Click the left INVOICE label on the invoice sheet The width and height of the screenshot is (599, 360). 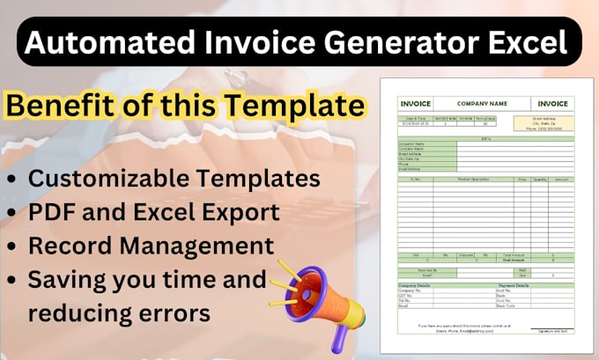point(403,104)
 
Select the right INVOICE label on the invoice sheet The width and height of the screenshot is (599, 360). point(552,104)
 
